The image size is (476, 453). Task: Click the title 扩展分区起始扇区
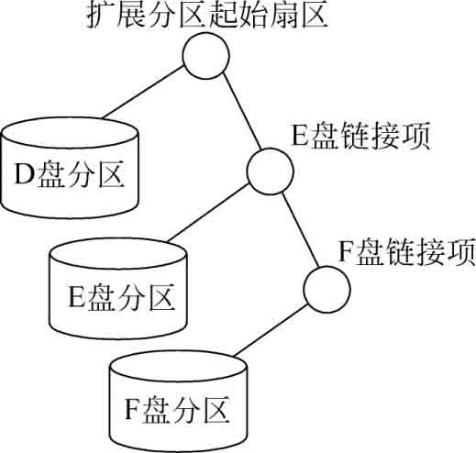[x=207, y=16]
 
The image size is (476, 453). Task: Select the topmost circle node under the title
[x=205, y=55]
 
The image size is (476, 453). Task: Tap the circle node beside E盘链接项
[x=270, y=171]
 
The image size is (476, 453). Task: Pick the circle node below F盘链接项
[x=327, y=289]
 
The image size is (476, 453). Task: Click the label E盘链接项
[x=361, y=136]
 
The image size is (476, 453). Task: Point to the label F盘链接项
[x=406, y=251]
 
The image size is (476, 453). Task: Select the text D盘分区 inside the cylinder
[x=70, y=175]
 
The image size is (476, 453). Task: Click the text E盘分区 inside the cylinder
[x=122, y=297]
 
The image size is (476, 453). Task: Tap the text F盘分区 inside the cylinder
[x=177, y=409]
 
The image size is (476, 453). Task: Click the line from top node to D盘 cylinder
[x=143, y=93]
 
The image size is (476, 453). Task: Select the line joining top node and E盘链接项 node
[x=242, y=111]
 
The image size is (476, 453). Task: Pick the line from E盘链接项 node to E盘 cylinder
[x=208, y=213]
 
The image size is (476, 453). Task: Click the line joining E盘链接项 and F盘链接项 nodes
[x=301, y=230]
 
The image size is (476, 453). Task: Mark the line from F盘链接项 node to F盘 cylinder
[x=270, y=331]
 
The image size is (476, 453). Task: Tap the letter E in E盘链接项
[x=302, y=136]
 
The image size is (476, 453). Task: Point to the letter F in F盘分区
[x=133, y=409]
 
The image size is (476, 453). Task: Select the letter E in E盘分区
[x=77, y=297]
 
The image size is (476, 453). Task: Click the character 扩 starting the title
[x=101, y=16]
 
